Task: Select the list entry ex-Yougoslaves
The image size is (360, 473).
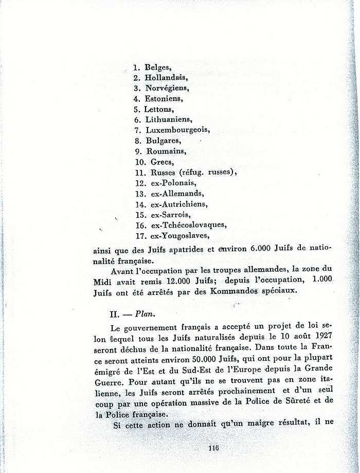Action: point(176,236)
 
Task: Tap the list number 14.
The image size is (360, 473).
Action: point(140,204)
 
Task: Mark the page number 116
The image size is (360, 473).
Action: point(214,447)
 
